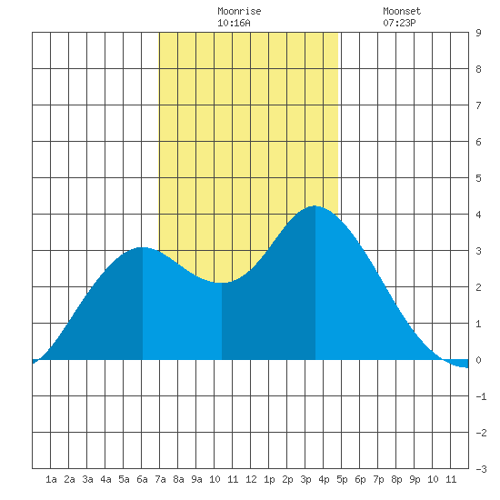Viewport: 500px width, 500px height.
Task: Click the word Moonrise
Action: pyautogui.click(x=239, y=11)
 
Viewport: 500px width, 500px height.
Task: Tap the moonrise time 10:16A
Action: pyautogui.click(x=234, y=23)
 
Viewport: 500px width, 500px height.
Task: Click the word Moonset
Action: pyautogui.click(x=402, y=11)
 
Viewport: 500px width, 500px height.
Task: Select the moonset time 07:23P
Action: pyautogui.click(x=399, y=23)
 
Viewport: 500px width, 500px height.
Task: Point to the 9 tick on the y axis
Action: pyautogui.click(x=478, y=33)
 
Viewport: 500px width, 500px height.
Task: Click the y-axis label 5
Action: pyautogui.click(x=478, y=178)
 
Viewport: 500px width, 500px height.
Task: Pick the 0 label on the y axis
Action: pyautogui.click(x=478, y=360)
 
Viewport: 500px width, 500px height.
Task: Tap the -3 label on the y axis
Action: pyautogui.click(x=481, y=469)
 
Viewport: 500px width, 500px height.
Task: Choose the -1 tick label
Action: pyautogui.click(x=481, y=396)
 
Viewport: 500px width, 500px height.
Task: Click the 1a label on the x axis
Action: pyautogui.click(x=51, y=479)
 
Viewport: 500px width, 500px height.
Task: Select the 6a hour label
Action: pyautogui.click(x=142, y=479)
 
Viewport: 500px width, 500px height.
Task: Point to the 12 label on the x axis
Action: pyautogui.click(x=251, y=479)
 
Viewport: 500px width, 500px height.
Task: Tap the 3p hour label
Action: pyautogui.click(x=305, y=479)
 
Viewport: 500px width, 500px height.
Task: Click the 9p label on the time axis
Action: pyautogui.click(x=415, y=479)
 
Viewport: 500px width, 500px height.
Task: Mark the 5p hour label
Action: pyautogui.click(x=342, y=479)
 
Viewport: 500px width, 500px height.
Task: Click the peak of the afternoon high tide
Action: pyautogui.click(x=315, y=206)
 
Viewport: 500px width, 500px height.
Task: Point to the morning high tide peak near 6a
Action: pyautogui.click(x=143, y=247)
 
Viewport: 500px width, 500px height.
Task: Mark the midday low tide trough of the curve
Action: pyautogui.click(x=222, y=283)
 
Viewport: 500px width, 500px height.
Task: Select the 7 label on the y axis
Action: pyautogui.click(x=478, y=105)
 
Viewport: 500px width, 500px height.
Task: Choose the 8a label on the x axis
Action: pyautogui.click(x=178, y=479)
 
